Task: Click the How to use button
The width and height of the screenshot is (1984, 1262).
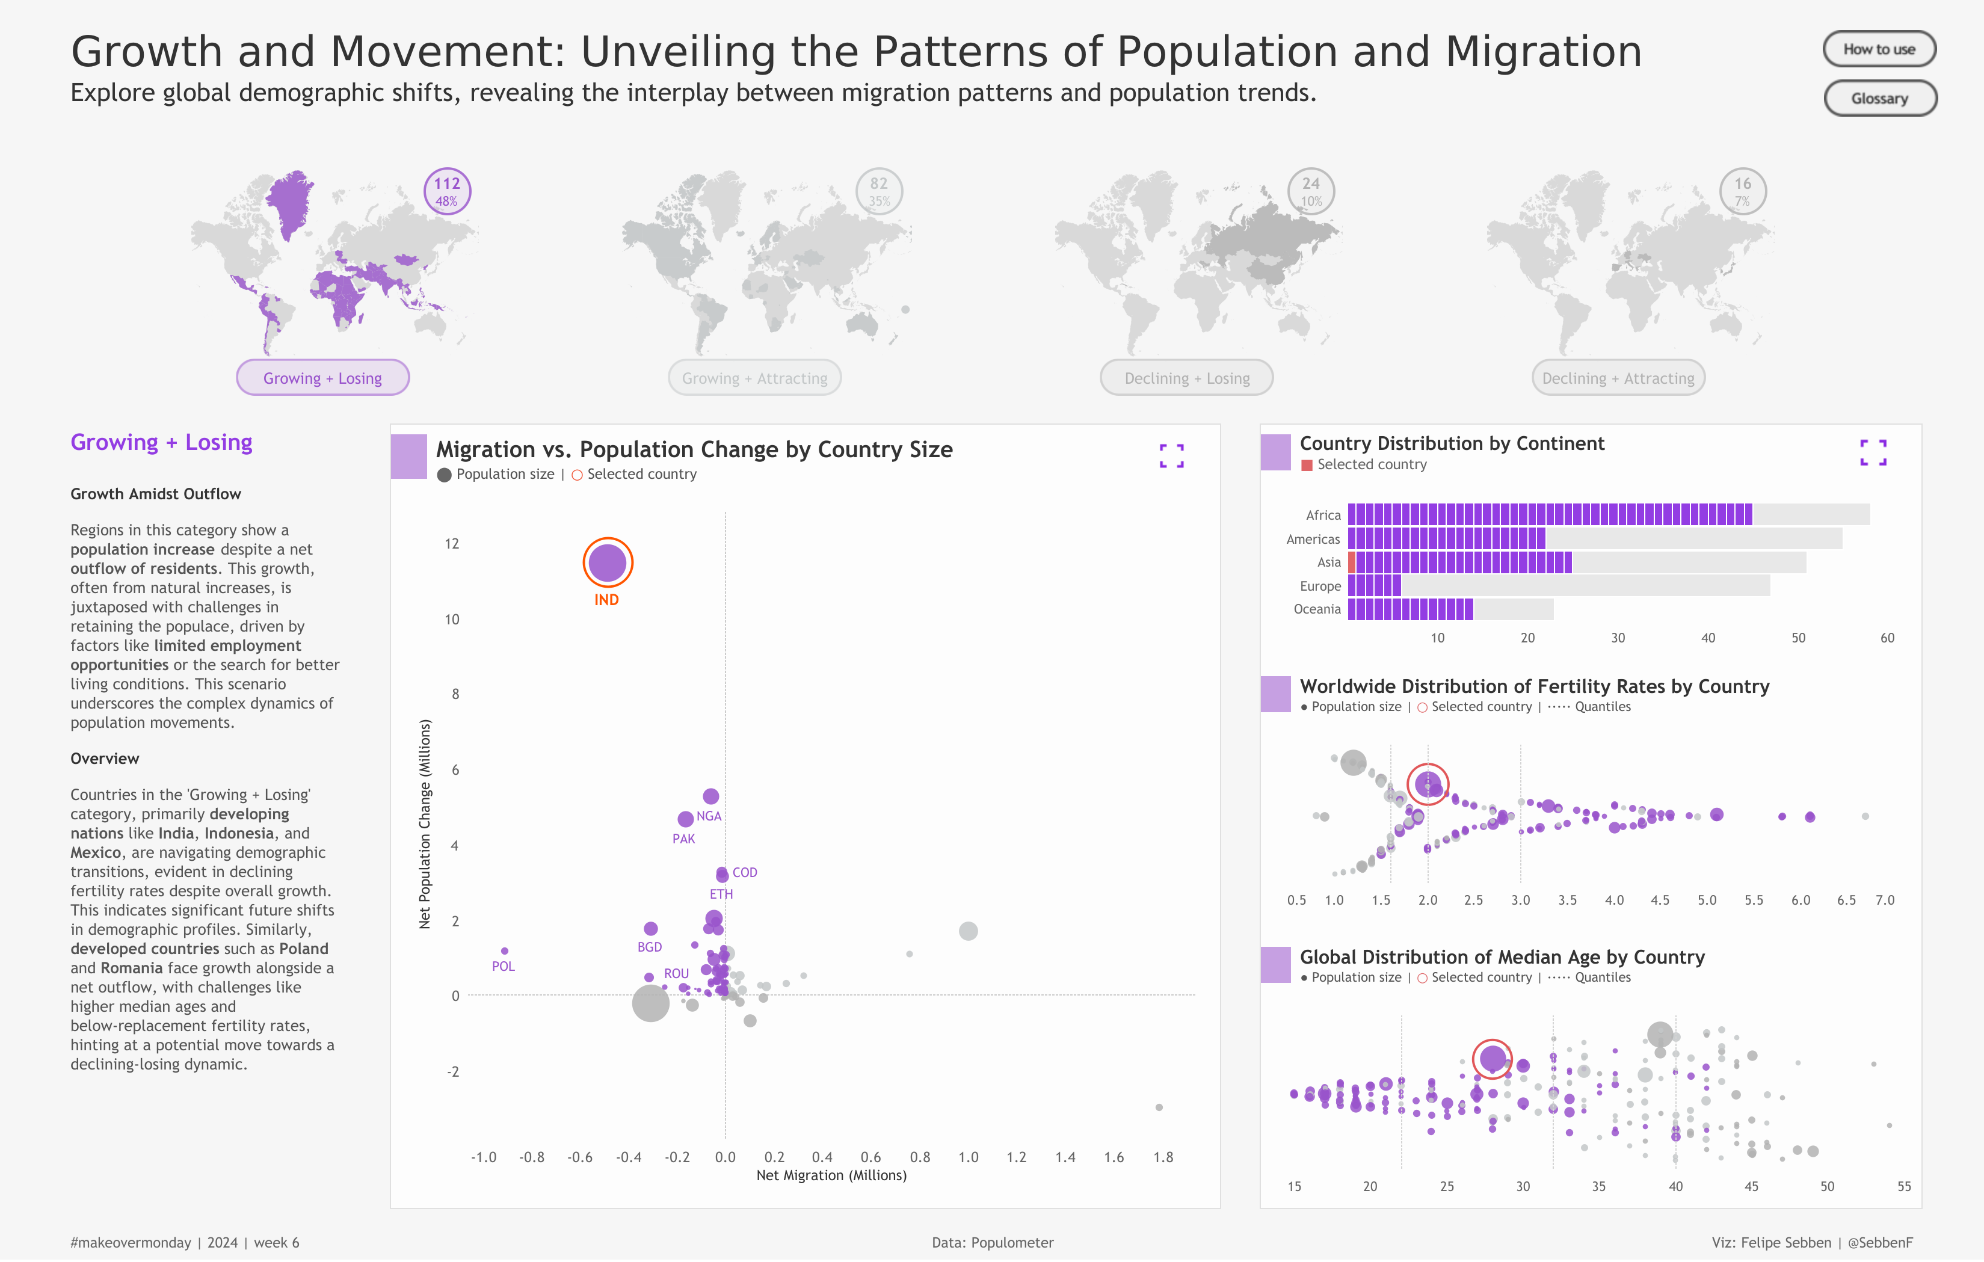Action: pos(1879,49)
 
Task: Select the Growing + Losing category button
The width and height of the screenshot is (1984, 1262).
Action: pos(322,378)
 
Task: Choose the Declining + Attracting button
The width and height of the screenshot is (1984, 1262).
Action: pos(1618,378)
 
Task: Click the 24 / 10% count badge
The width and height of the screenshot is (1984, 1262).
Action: pos(1310,191)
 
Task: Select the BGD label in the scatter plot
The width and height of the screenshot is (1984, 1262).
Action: pos(649,948)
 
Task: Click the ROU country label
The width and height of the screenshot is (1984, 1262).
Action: pos(676,974)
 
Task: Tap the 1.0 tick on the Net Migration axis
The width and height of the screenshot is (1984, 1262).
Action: pos(968,1158)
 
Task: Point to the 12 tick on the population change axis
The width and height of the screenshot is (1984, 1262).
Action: pos(452,544)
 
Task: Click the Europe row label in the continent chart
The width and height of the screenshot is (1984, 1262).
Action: pos(1320,586)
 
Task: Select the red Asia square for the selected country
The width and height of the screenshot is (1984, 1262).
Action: pos(1352,562)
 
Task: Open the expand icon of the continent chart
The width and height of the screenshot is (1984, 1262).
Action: pos(1873,453)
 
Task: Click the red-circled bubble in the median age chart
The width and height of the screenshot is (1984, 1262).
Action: pos(1491,1059)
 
